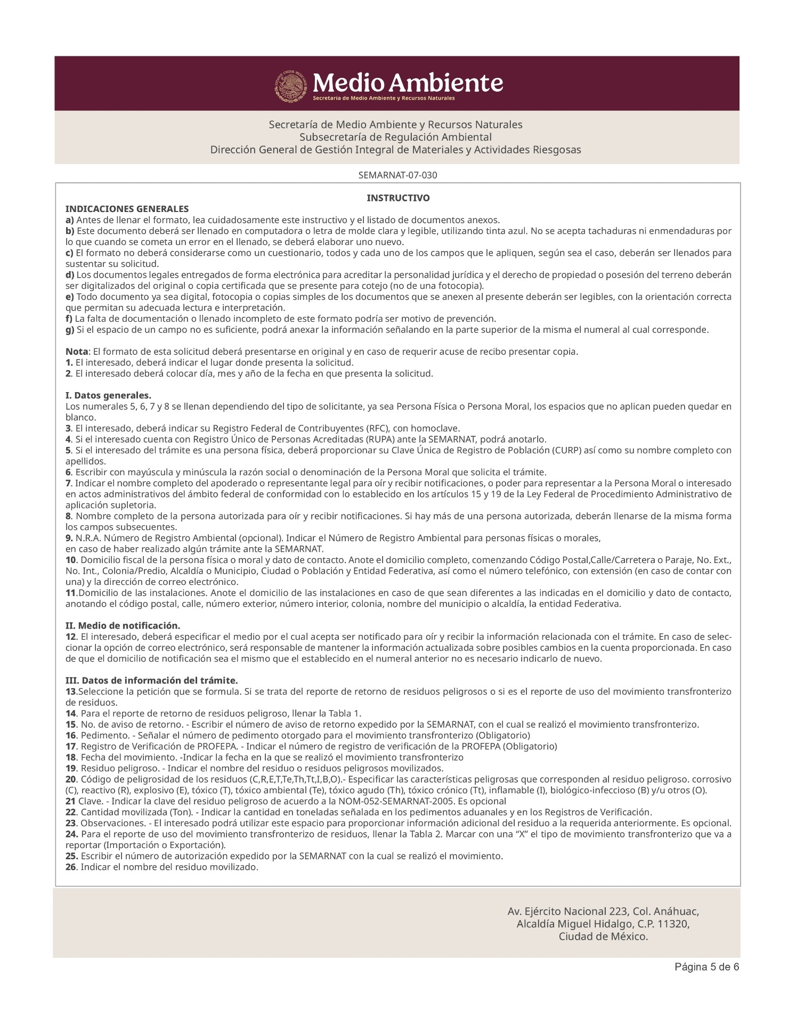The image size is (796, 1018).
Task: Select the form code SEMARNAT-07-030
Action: pos(398,175)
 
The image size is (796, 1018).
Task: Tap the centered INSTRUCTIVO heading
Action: pos(398,198)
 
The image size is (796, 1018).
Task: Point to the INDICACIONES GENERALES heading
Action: pos(127,209)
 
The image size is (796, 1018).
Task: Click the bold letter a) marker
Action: pos(70,220)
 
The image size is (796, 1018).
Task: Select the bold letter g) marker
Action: pos(70,330)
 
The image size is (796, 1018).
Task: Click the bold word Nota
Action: pos(77,352)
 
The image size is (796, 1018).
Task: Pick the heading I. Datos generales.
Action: pos(108,396)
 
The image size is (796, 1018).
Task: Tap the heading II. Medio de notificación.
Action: pos(123,625)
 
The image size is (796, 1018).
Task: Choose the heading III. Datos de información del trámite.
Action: pos(151,681)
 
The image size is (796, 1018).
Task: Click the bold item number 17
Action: pos(71,746)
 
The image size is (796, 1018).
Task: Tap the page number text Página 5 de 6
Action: pos(706,967)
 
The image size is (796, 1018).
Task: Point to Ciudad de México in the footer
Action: pos(603,937)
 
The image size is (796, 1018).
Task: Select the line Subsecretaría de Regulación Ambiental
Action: pos(395,137)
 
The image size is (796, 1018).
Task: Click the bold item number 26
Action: pos(71,867)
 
